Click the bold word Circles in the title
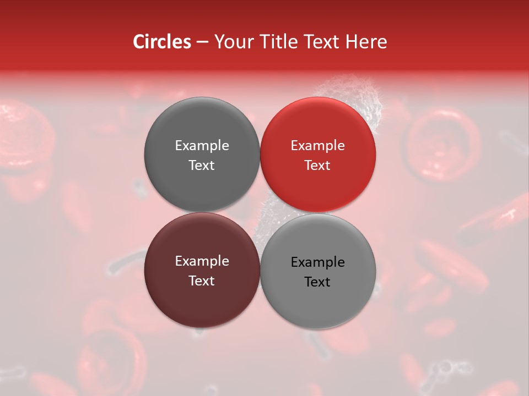click(x=162, y=42)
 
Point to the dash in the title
click(x=202, y=42)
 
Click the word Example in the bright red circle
click(x=318, y=146)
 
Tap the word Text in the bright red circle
click(x=318, y=166)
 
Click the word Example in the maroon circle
click(x=202, y=261)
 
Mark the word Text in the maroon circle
click(x=202, y=281)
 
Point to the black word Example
click(x=318, y=262)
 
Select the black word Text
click(x=318, y=282)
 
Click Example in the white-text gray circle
click(x=202, y=146)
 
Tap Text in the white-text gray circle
click(x=202, y=166)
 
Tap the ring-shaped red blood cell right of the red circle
click(x=443, y=145)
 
